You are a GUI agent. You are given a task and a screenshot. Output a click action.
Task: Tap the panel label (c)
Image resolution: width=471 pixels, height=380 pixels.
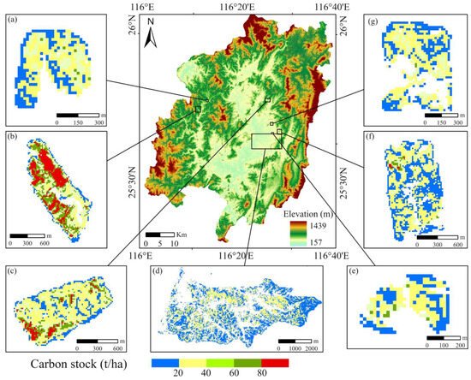pyautogui.click(x=11, y=271)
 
